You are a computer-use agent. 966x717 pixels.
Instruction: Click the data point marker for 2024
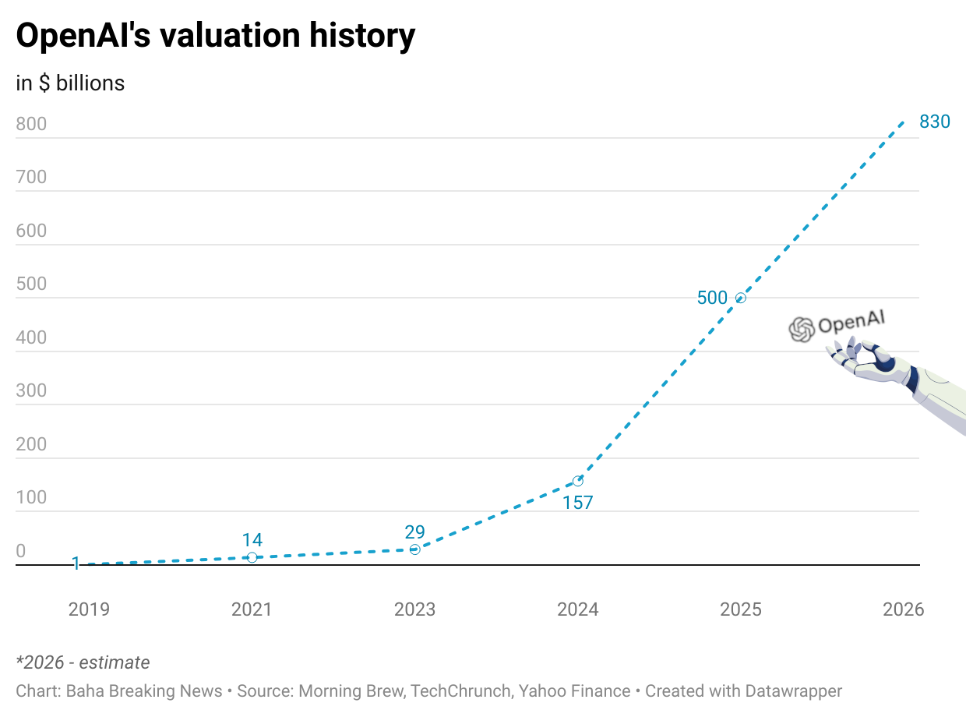(x=577, y=481)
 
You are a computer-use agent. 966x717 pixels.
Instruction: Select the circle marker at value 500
(x=740, y=298)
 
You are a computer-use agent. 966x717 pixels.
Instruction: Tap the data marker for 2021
(x=252, y=557)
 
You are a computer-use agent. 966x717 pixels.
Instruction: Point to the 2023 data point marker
(x=414, y=549)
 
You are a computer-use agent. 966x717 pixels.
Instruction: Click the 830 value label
(x=935, y=122)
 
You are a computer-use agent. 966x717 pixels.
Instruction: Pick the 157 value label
(x=578, y=503)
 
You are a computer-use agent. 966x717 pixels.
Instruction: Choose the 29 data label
(x=414, y=532)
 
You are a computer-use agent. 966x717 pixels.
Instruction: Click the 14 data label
(x=252, y=540)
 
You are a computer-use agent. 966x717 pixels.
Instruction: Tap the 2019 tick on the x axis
(x=89, y=609)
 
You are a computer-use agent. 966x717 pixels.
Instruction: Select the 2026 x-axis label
(x=903, y=609)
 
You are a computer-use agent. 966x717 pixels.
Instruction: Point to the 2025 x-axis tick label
(x=740, y=609)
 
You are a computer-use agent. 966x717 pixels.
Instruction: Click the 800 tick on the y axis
(x=31, y=124)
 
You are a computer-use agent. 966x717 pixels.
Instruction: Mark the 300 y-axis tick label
(x=31, y=391)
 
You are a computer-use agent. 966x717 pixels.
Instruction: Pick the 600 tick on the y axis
(x=31, y=231)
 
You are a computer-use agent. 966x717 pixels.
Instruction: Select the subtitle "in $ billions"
(x=70, y=83)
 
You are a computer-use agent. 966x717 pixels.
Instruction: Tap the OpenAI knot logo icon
(x=801, y=330)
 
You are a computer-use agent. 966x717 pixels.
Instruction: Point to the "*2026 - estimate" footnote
(x=83, y=662)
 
